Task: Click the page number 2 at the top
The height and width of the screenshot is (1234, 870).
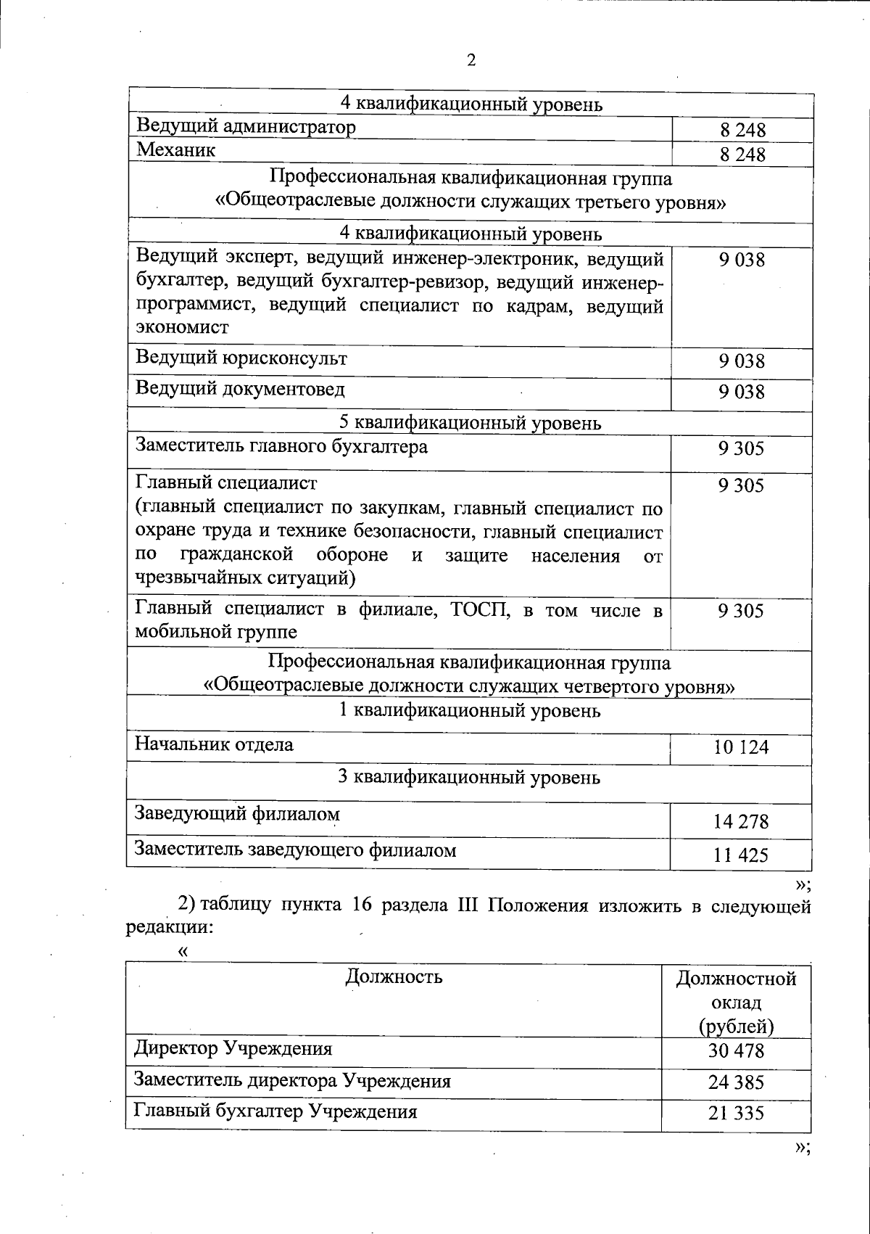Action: click(471, 60)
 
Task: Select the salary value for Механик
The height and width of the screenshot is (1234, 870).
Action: click(742, 155)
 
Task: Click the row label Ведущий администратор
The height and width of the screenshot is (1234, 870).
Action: click(246, 127)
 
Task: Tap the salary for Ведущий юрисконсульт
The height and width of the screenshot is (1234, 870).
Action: click(742, 361)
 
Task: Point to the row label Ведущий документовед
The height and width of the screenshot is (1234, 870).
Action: click(241, 390)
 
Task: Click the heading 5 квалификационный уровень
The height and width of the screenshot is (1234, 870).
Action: click(471, 422)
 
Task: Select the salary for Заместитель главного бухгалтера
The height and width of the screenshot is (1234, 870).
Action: click(742, 449)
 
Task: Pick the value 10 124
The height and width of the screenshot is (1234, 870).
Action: click(741, 747)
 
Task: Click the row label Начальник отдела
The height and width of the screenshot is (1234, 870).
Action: click(215, 744)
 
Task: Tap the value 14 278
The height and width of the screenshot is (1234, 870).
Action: click(741, 822)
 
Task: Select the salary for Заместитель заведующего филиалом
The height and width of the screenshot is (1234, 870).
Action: click(741, 855)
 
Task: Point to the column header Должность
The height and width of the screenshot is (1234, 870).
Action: click(394, 976)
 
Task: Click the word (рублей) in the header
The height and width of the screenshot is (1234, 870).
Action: click(737, 1027)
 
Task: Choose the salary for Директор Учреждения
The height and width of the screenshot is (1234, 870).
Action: click(737, 1051)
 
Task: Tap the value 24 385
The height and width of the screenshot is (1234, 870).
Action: click(737, 1082)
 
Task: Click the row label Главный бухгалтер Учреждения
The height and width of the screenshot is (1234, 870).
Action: click(275, 1111)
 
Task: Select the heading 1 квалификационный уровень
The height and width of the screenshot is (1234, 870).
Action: click(470, 710)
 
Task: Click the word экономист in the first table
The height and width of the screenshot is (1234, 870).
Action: click(183, 327)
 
